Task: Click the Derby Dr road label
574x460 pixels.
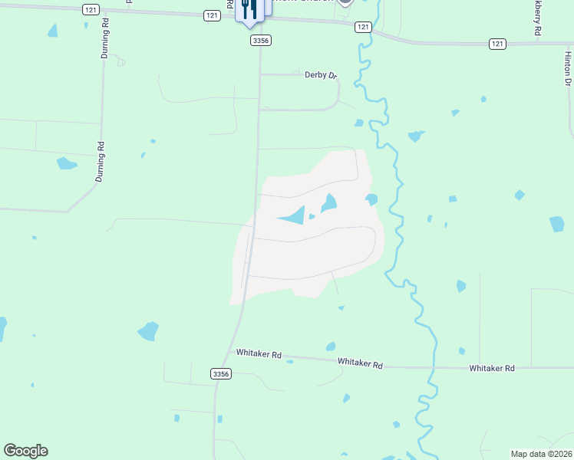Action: pyautogui.click(x=320, y=74)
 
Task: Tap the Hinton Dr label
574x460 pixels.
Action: pyautogui.click(x=568, y=70)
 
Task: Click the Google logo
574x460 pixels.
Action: pyautogui.click(x=25, y=451)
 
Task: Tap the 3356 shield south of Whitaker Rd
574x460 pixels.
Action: pyautogui.click(x=220, y=373)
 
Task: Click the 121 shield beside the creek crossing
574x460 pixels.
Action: pyautogui.click(x=363, y=27)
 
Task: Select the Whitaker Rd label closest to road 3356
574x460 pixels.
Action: pyautogui.click(x=259, y=355)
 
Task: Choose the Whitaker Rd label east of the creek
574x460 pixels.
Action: pyautogui.click(x=491, y=368)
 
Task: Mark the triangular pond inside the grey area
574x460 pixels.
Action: pyautogui.click(x=292, y=216)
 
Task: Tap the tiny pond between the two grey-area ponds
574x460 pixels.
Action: pyautogui.click(x=312, y=216)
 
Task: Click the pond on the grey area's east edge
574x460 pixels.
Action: pyautogui.click(x=371, y=199)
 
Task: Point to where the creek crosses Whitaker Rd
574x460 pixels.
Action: pyautogui.click(x=431, y=366)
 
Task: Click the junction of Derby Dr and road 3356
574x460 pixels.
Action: pyautogui.click(x=259, y=74)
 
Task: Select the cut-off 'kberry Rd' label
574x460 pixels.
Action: pyautogui.click(x=538, y=17)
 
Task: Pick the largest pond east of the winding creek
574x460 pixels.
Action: pyautogui.click(x=557, y=224)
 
